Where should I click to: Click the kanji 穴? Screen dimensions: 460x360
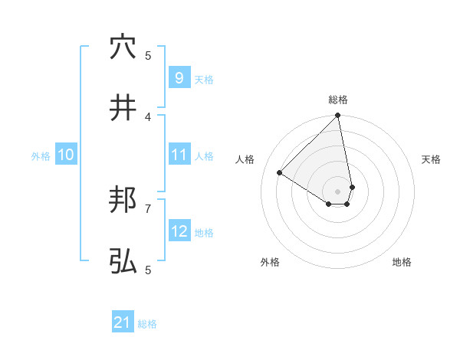coord(123,47)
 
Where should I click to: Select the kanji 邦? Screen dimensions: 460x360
coord(123,201)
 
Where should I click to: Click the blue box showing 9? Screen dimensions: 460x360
coord(179,78)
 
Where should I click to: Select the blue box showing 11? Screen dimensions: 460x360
coord(179,155)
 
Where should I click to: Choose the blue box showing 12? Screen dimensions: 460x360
coord(179,231)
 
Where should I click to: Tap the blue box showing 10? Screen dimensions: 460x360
coord(66,155)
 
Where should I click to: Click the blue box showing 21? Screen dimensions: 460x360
coord(123,323)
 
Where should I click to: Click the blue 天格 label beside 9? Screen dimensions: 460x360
coord(204,79)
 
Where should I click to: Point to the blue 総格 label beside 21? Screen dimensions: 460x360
coord(148,324)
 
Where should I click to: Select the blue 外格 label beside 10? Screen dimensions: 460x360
coord(41,156)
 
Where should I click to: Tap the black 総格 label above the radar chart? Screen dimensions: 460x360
coord(338,100)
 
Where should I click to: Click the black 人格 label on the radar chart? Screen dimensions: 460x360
coord(245,159)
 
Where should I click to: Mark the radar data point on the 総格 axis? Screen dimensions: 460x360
coord(338,116)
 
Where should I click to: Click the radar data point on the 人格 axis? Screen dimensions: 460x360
coord(280,173)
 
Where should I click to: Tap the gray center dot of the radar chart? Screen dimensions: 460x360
coord(338,191)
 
